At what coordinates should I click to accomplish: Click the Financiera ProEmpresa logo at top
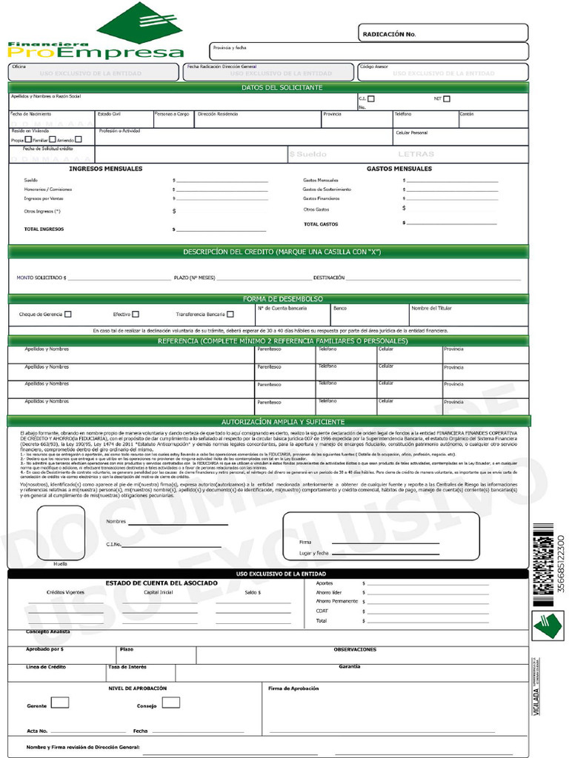pyautogui.click(x=96, y=33)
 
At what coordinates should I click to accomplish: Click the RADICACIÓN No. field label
pyautogui.click(x=389, y=34)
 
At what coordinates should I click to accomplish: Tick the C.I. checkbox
pyautogui.click(x=371, y=99)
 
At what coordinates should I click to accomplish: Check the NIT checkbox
pyautogui.click(x=447, y=98)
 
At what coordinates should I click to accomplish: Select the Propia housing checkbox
pyautogui.click(x=28, y=139)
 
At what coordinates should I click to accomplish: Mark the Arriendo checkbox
pyautogui.click(x=79, y=139)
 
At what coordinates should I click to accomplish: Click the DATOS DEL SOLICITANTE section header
pyautogui.click(x=282, y=88)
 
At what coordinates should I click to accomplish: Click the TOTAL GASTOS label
pyautogui.click(x=320, y=224)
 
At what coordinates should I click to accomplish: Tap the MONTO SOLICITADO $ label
pyautogui.click(x=41, y=278)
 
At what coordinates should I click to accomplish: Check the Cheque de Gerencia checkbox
pyautogui.click(x=68, y=314)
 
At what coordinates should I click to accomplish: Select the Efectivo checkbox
pyautogui.click(x=136, y=314)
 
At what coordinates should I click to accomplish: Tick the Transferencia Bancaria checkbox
pyautogui.click(x=230, y=314)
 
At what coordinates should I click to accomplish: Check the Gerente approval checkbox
pyautogui.click(x=60, y=702)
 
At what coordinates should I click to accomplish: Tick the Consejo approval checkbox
pyautogui.click(x=171, y=702)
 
